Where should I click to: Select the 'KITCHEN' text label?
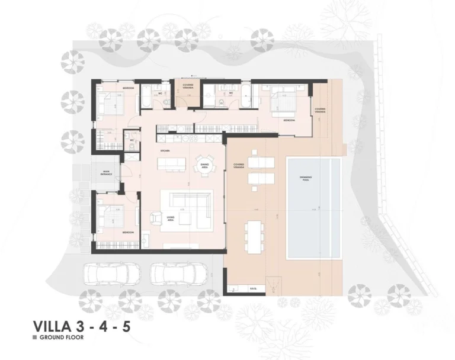coord(165,152)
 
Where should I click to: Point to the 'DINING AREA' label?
coord(204,167)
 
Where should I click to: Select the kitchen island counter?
coord(171,164)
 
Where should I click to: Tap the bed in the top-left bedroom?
coord(111,104)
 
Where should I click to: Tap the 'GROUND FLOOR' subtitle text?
coord(62,338)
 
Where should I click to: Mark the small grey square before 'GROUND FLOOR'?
coord(35,338)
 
